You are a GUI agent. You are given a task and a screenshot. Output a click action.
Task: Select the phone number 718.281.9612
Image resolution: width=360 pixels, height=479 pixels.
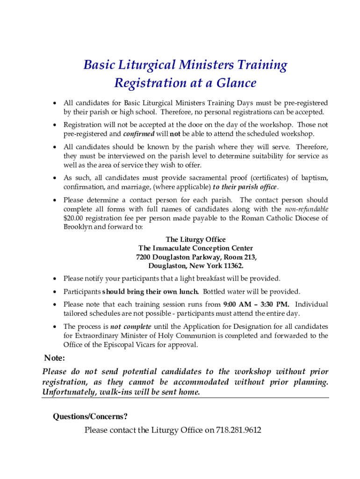238,429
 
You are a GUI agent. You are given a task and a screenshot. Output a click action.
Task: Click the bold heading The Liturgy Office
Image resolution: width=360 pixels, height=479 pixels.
195,239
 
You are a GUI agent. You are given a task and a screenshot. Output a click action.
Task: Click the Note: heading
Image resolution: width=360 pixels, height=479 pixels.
54,358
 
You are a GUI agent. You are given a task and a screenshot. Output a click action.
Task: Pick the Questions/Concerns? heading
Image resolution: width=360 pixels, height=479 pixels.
90,416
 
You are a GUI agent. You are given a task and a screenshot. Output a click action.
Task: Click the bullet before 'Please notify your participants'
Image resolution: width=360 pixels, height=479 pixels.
55,279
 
